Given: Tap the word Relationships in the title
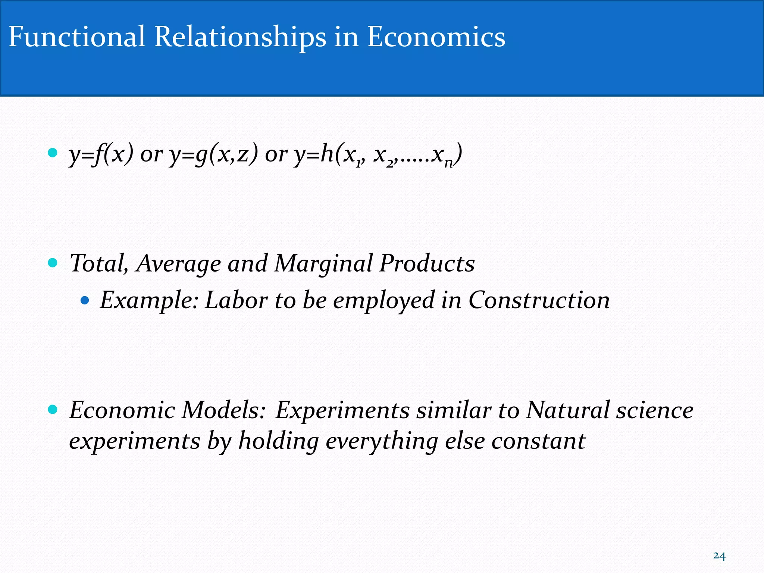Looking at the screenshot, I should coord(240,37).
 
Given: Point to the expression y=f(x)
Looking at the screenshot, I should coord(101,154).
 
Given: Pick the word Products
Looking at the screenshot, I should coord(427,263).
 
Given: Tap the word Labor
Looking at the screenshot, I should coord(236,300).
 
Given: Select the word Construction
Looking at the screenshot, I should coord(539,300).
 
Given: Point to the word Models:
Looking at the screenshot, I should coord(223,410).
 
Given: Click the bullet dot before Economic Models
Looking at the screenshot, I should coord(53,410).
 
